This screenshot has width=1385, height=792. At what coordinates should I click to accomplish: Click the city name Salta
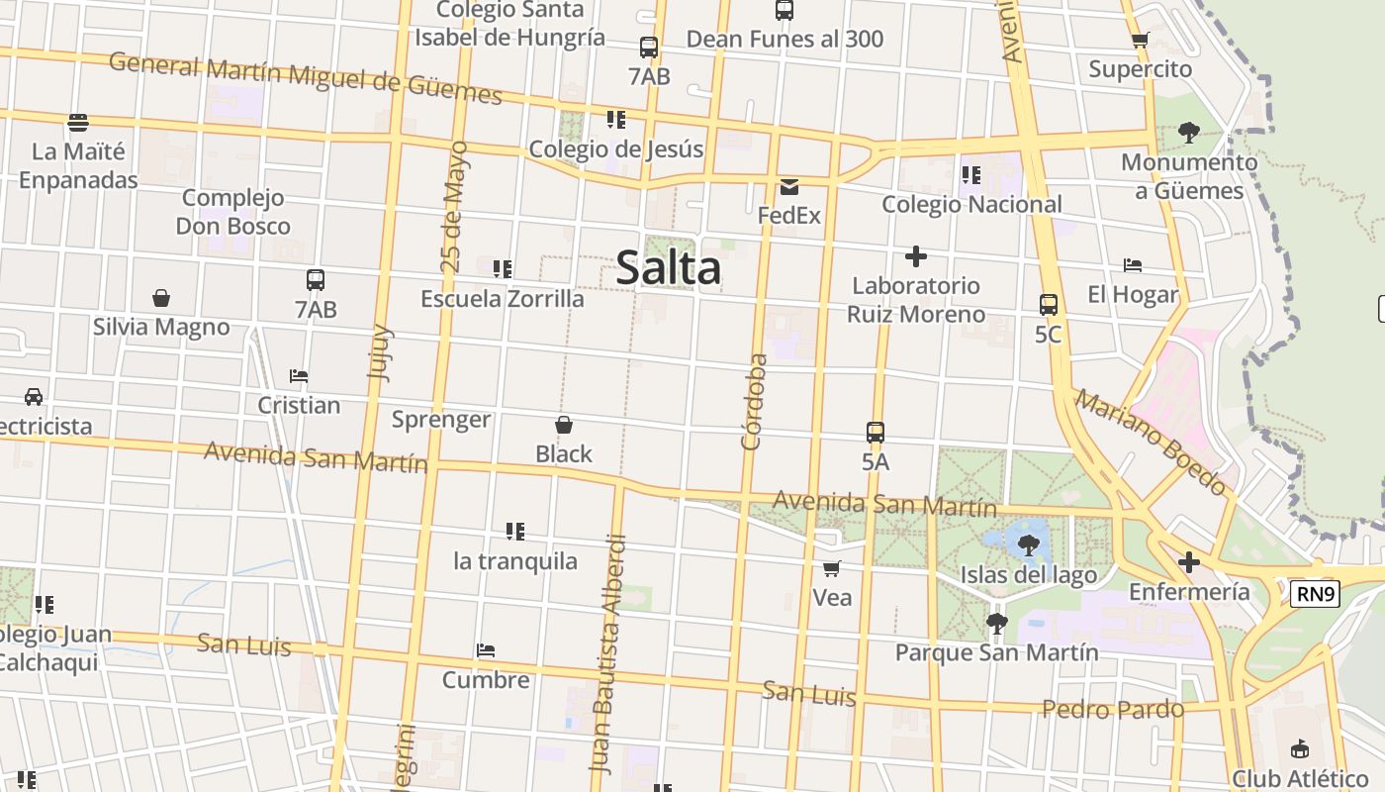coord(668,268)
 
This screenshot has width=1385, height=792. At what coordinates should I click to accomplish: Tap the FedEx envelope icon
coord(788,187)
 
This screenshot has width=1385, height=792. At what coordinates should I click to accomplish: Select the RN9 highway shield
coord(1315,594)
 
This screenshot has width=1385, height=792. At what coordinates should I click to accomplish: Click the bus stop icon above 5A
coord(876,433)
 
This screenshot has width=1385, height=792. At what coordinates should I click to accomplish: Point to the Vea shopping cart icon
coord(832,568)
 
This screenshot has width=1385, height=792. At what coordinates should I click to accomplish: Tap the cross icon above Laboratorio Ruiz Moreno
coord(916,257)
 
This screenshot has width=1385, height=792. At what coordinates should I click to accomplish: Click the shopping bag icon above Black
coord(564,426)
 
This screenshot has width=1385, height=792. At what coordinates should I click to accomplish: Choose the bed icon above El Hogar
coord(1133,265)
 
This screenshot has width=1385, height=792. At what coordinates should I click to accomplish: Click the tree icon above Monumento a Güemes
coord(1189,133)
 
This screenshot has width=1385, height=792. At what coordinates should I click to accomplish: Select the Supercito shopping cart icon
coord(1140,41)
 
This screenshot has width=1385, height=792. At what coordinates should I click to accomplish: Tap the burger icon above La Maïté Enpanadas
coord(78,123)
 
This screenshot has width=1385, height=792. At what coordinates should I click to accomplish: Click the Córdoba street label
coord(755,401)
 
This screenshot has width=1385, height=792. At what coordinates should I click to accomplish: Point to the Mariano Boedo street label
coord(1152,443)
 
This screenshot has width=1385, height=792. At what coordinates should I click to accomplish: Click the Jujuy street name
coord(380,352)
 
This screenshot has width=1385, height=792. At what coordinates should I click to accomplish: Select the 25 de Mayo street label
coord(452,206)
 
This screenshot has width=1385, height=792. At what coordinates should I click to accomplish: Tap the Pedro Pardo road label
coord(1113,709)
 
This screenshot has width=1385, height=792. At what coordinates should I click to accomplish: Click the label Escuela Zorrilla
coord(503,298)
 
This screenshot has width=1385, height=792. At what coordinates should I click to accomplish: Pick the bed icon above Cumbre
coord(485,651)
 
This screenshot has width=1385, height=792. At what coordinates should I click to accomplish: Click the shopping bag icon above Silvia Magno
coord(161,298)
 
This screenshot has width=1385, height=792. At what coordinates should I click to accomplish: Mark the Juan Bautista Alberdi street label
coord(608,653)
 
